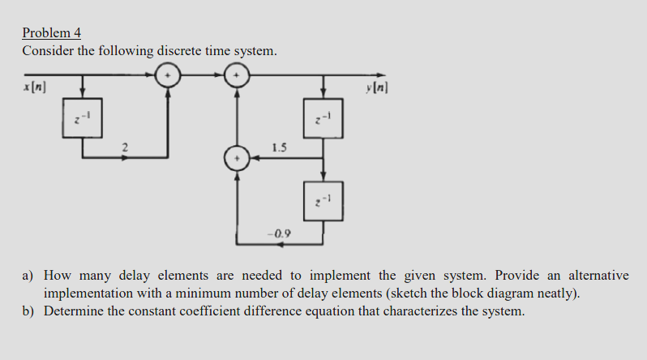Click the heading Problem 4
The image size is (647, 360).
(52, 33)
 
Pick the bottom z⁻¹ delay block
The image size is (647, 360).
(323, 199)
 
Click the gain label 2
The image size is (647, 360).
(124, 147)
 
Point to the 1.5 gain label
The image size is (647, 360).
(280, 148)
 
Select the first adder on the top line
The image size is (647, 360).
(168, 75)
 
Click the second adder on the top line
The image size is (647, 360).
(237, 75)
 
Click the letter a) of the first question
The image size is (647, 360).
(28, 276)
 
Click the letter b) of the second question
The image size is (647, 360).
(28, 311)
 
